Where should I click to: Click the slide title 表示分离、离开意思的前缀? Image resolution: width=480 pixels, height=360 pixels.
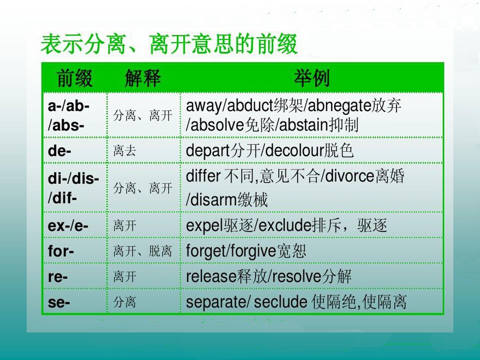169,46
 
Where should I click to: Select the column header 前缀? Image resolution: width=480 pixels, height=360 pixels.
75,78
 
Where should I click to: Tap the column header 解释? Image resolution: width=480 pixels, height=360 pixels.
143,78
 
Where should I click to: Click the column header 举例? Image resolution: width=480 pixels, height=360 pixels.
312,78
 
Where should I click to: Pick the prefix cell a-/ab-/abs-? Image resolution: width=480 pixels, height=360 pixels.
68,116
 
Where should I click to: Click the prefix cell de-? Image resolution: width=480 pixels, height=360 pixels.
60,151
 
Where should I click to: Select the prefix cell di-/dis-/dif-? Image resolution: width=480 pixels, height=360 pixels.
73,188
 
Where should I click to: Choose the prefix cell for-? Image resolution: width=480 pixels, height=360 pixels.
61,252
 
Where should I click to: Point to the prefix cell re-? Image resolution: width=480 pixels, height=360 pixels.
58,277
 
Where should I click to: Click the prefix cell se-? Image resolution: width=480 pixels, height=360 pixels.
59,303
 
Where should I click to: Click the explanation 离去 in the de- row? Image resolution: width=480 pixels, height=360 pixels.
124,151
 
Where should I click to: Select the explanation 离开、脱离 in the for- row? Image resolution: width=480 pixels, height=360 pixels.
142,252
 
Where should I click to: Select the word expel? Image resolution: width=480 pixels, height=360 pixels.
204,226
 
